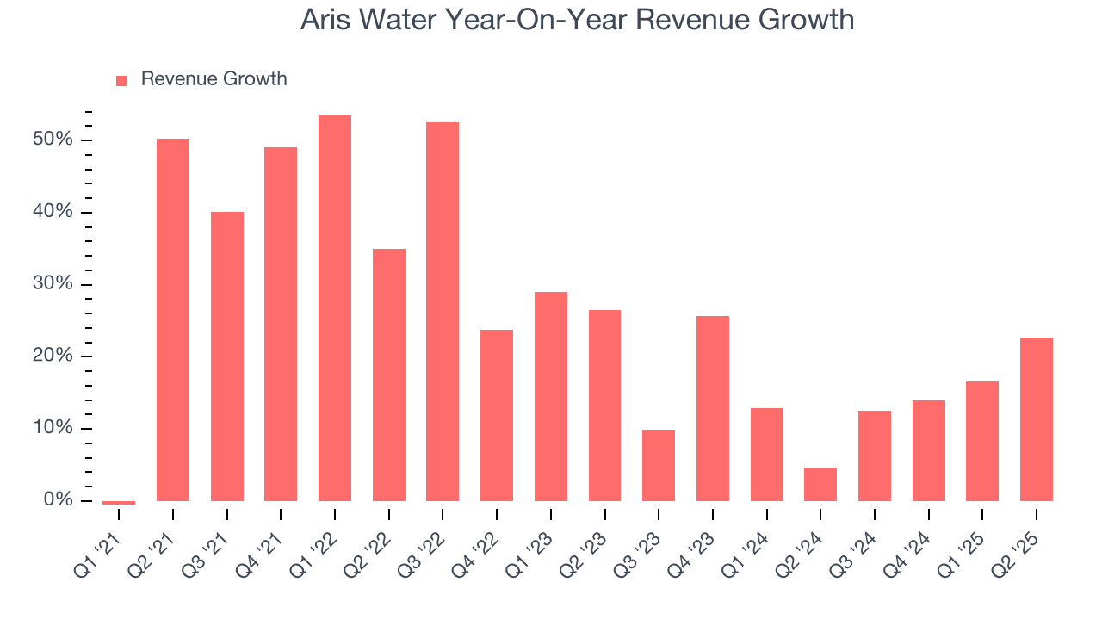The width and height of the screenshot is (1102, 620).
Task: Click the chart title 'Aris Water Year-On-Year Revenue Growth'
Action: click(x=577, y=20)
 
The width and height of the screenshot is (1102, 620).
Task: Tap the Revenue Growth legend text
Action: click(x=214, y=79)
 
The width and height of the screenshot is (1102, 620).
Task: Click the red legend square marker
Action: click(x=121, y=80)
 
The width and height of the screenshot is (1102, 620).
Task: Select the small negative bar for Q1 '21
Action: click(x=119, y=502)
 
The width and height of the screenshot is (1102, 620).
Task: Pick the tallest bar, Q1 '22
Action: click(x=335, y=307)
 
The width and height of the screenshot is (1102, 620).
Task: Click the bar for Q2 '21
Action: click(x=173, y=319)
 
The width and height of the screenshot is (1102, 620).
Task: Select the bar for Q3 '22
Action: click(x=443, y=311)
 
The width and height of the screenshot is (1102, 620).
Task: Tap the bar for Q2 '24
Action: click(x=820, y=484)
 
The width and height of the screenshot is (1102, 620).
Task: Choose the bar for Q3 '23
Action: click(x=659, y=465)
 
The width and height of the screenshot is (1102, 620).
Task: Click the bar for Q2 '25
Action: click(x=1037, y=418)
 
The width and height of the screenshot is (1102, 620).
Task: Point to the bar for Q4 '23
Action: click(x=713, y=408)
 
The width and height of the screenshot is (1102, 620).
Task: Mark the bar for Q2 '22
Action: click(x=389, y=375)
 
